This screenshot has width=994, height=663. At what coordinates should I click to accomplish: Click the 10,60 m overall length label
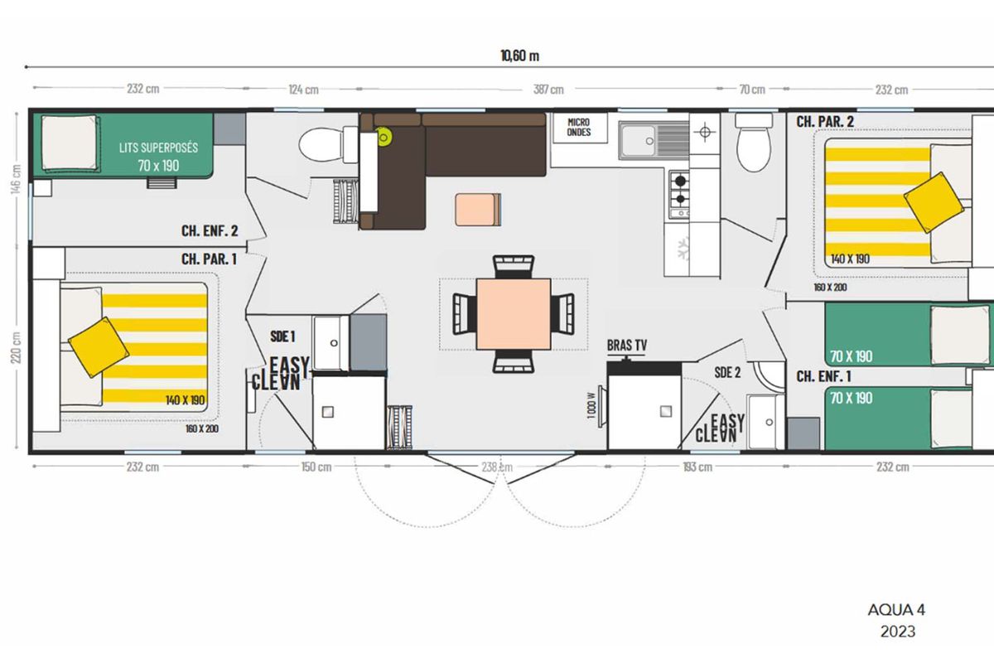519,56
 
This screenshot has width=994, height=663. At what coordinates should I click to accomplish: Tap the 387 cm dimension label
548,90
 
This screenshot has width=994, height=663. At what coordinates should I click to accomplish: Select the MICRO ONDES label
579,127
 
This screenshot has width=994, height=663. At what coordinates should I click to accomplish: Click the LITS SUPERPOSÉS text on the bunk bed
158,148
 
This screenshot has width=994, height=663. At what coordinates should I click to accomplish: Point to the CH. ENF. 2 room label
210,230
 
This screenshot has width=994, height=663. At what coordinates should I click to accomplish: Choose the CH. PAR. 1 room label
209,259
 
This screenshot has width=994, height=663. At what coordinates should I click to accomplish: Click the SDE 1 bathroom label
282,336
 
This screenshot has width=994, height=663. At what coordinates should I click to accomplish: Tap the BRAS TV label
626,345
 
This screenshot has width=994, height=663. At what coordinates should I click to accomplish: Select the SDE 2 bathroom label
727,372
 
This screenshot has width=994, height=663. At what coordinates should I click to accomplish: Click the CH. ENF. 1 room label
823,376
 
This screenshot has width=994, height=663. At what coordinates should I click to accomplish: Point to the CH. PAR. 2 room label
825,122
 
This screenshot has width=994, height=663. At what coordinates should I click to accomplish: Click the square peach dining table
514,314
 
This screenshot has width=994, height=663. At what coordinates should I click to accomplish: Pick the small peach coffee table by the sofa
477,210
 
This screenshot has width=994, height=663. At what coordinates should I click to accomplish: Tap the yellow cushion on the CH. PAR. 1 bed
99,347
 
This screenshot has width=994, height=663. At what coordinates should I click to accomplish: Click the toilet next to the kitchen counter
753,142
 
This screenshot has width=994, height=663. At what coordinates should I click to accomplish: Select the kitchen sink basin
638,141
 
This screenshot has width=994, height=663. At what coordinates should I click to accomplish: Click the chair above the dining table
514,267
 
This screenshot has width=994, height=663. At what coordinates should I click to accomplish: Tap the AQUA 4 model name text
896,610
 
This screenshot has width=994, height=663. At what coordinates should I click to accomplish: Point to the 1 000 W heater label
591,405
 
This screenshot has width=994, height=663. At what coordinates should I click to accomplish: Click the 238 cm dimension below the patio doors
497,467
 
